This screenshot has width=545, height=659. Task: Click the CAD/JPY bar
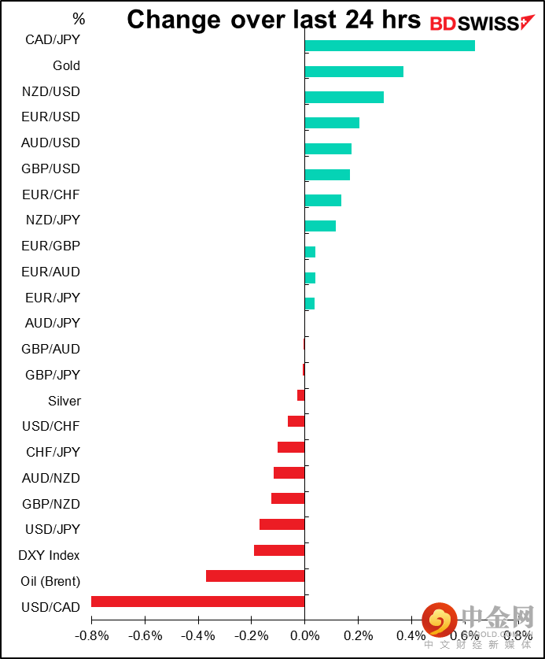coord(389,46)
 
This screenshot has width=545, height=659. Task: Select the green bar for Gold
coord(354,72)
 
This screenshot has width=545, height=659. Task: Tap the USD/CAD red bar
coord(197,602)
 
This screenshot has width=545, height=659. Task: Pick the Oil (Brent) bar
coord(255,576)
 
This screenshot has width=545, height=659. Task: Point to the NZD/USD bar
coord(344,97)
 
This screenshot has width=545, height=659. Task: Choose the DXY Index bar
coord(279,550)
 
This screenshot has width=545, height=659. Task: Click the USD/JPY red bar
coord(282,524)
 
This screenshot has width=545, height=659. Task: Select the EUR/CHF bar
coord(322,200)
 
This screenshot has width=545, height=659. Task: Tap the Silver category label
coord(64,401)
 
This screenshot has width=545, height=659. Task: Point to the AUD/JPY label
coord(53,323)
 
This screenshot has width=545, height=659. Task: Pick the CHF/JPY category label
coord(53,452)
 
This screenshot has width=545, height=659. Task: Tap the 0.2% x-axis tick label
coord(358,635)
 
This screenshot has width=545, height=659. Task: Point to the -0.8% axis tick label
coord(91,635)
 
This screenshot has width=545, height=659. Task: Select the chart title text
coord(274,20)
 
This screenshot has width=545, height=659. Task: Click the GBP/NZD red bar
coord(288,498)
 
